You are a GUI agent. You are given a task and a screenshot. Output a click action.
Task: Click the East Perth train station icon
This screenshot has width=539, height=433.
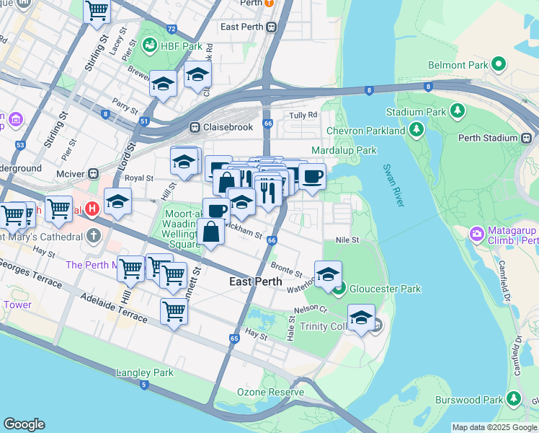point(272,27)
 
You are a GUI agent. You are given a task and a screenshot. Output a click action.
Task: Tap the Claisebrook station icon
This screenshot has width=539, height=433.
point(195,127)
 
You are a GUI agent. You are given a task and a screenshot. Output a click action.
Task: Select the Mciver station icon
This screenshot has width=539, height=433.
point(94,173)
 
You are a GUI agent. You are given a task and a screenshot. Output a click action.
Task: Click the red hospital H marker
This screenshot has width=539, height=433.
point(92,210)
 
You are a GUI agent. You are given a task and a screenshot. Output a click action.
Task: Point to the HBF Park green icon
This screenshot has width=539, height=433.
point(150,45)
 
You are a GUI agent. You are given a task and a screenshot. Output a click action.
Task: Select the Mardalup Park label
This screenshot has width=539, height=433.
point(344,150)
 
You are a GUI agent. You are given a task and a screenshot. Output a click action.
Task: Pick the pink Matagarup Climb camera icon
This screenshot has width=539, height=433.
point(476,234)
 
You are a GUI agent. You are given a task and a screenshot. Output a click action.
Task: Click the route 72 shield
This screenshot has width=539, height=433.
point(171,30)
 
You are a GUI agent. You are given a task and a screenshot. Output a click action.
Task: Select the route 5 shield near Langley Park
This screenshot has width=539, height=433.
point(144,385)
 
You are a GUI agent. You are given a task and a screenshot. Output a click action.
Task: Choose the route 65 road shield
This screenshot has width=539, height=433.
point(234,338)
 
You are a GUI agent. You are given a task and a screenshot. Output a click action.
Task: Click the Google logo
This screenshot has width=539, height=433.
point(24,424)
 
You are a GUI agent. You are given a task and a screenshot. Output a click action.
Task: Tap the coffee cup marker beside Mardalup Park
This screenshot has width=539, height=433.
point(312,176)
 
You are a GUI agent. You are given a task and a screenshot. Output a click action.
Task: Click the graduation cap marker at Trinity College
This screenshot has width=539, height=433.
point(361,317)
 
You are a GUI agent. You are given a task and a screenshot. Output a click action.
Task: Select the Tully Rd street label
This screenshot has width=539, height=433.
point(303,115)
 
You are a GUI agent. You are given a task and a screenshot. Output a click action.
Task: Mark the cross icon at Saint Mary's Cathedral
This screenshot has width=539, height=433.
point(94,236)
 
